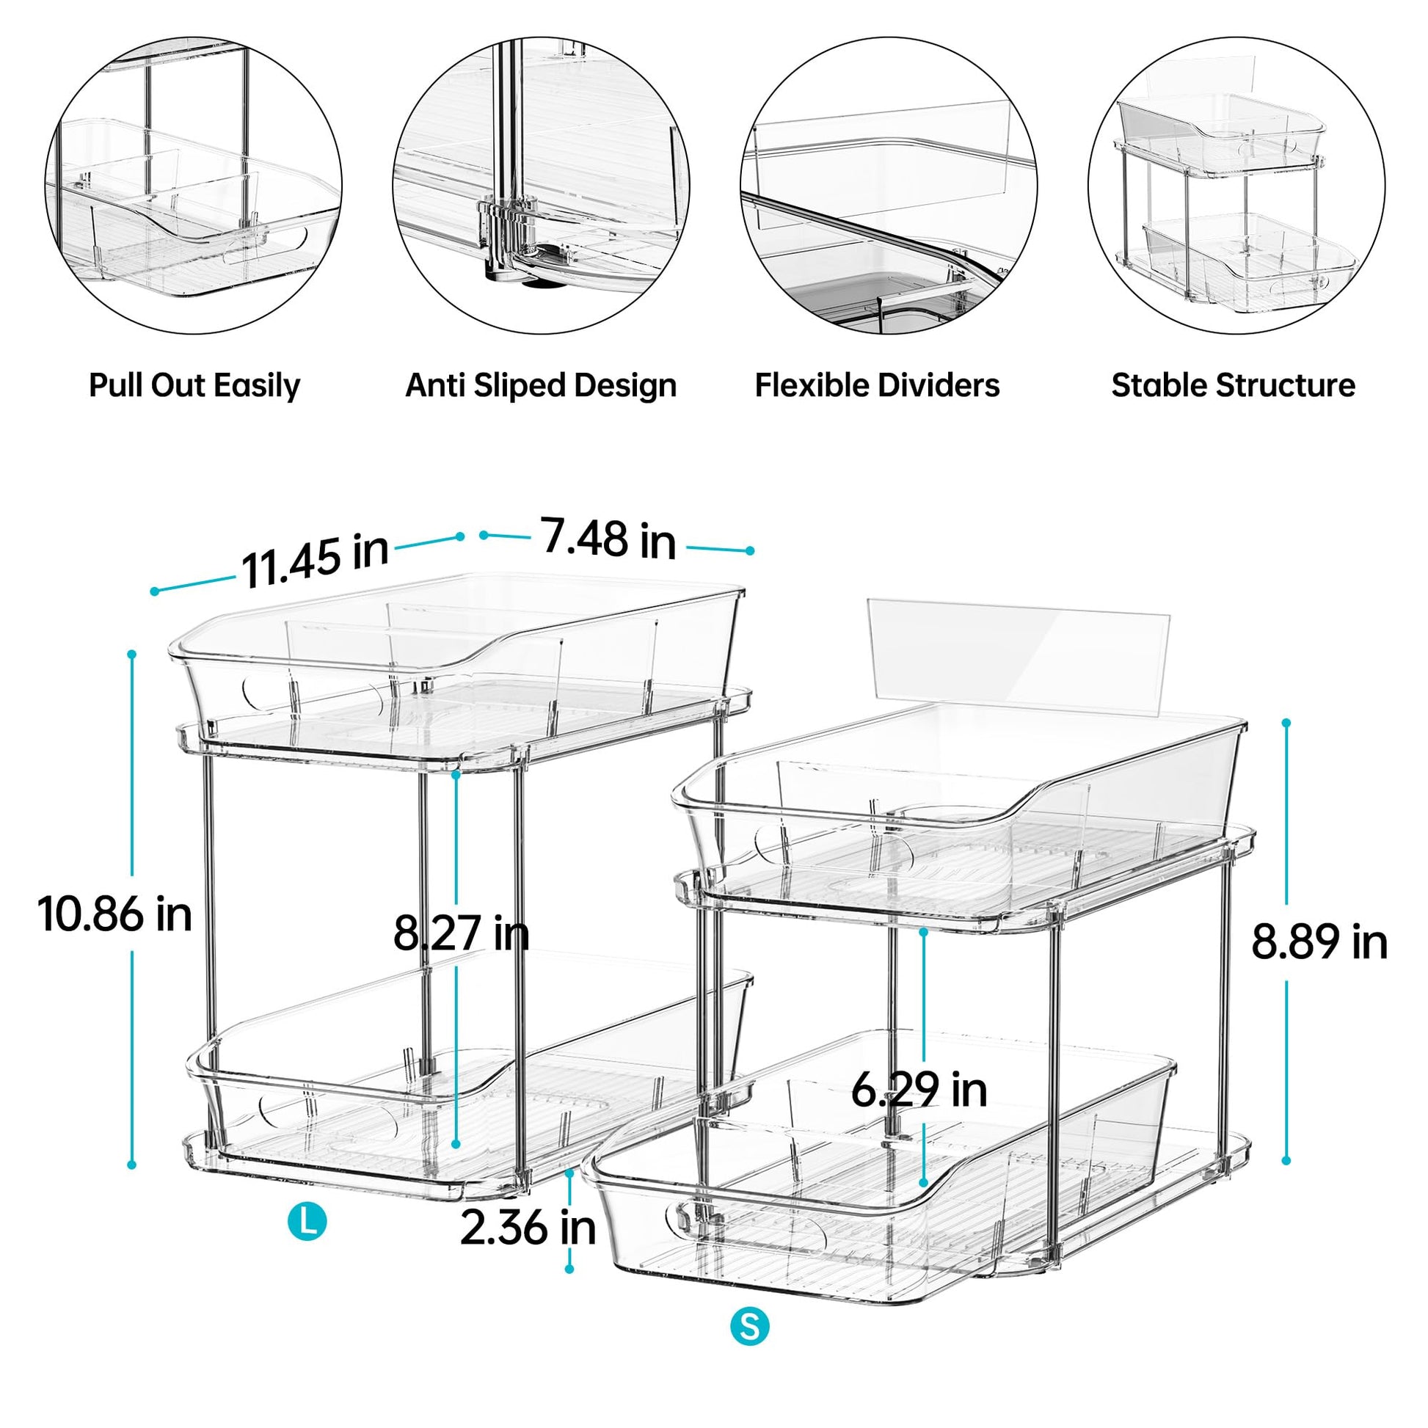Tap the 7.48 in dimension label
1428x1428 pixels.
pos(609,539)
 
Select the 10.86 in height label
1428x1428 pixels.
pos(114,914)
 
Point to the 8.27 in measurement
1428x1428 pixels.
pos(462,933)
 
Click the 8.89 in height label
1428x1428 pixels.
pos(1319,942)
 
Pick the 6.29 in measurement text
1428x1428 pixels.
pos(919,1090)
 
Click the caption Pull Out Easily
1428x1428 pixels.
pos(194,386)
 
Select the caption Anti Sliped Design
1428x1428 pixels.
pos(541,386)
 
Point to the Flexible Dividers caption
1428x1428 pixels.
pos(878,386)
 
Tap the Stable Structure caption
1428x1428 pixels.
pos(1234,386)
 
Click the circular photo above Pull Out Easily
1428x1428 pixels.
pos(194,185)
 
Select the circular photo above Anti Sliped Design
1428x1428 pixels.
pos(541,185)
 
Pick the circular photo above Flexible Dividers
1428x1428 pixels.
pos(889,185)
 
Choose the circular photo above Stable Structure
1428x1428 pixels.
pos(1236,185)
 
